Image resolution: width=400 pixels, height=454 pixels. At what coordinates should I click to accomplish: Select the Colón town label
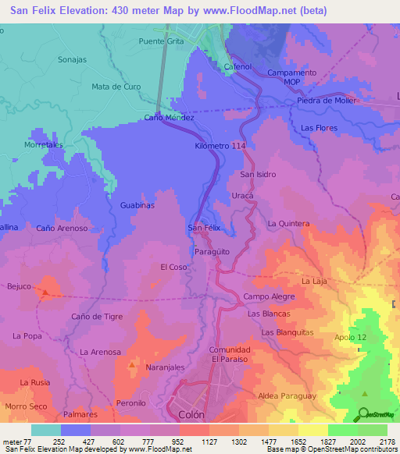tap(191, 415)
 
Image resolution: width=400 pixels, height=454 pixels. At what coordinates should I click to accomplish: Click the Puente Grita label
tap(162, 41)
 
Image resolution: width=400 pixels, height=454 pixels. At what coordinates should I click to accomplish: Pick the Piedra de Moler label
tap(326, 101)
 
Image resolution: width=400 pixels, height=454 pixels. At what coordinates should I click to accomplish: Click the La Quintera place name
tap(288, 223)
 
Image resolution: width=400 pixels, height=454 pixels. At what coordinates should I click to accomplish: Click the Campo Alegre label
tap(269, 296)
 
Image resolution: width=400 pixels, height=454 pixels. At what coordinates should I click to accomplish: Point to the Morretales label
tap(43, 145)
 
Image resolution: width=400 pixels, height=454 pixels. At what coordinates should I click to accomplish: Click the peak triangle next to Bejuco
tap(45, 293)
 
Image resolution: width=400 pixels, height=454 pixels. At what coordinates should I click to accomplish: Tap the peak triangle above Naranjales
tap(131, 365)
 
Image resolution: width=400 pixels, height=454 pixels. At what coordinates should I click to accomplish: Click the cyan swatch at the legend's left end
tap(45, 430)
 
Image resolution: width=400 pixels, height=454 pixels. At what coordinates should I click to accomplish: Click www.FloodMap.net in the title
tap(258, 10)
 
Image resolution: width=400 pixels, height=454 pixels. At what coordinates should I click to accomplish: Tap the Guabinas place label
tap(137, 204)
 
